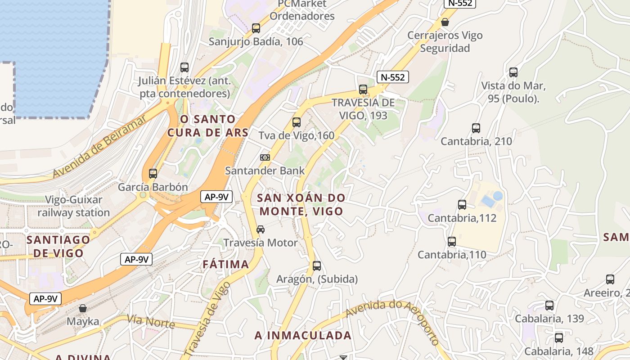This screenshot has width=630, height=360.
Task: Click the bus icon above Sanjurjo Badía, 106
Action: point(256,28)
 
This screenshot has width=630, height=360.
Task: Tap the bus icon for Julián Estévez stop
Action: point(184,67)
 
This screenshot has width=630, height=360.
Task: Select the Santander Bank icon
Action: point(265,157)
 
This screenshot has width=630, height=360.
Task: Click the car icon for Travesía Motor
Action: point(261,229)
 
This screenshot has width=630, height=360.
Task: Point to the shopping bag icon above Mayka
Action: point(82,308)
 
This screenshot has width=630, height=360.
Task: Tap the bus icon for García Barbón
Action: point(153,174)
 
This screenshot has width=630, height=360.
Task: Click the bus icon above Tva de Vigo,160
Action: point(296,122)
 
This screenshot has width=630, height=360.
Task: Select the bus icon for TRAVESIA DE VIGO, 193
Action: point(363,89)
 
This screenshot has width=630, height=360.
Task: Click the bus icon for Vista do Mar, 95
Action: point(513,72)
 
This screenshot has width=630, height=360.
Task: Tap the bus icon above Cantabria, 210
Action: point(476,128)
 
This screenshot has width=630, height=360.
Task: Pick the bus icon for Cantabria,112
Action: point(462,205)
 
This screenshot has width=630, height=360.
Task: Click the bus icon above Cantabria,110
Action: point(452,242)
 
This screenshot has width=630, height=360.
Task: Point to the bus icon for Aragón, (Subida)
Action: point(317,266)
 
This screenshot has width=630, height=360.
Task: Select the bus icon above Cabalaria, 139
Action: point(549,306)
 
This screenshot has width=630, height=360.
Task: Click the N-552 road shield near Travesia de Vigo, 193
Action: point(392,77)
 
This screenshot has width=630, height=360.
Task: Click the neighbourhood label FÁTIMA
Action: point(226,264)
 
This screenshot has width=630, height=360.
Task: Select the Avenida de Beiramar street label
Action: point(100,147)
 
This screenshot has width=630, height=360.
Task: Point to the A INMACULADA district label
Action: point(303,335)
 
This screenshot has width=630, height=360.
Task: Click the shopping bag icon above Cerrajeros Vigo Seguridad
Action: point(445,22)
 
